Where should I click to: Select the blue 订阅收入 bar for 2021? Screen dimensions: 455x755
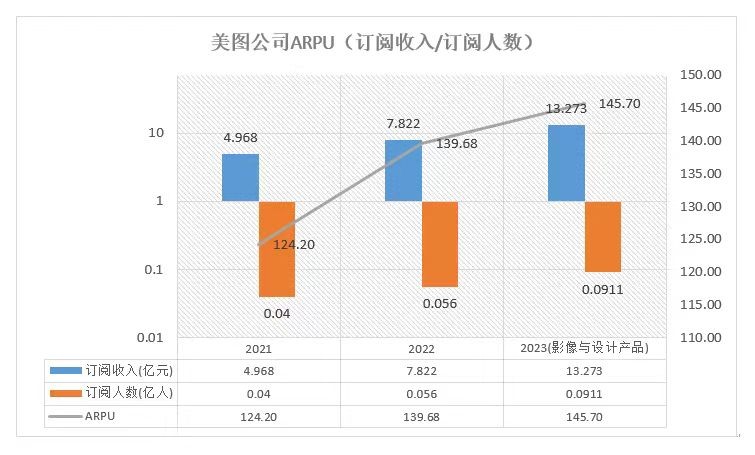pyautogui.click(x=240, y=177)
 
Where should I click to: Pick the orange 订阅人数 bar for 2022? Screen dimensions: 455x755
pyautogui.click(x=440, y=244)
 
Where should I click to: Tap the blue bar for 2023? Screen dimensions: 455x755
pyautogui.click(x=567, y=163)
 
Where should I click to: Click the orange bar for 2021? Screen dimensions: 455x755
pyautogui.click(x=277, y=249)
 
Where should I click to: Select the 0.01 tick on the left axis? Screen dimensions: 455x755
pyautogui.click(x=151, y=338)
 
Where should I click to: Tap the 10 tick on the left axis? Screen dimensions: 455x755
pyautogui.click(x=157, y=133)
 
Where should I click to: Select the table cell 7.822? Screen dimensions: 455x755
pyautogui.click(x=421, y=371)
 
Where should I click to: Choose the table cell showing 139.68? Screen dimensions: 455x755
pyautogui.click(x=421, y=415)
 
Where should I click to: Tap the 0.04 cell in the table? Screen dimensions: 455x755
pyautogui.click(x=259, y=393)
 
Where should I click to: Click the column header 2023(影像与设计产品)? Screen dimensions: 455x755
pyautogui.click(x=584, y=349)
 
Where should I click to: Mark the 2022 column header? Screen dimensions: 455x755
pyautogui.click(x=421, y=349)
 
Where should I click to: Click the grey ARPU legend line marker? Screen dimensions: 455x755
pyautogui.click(x=64, y=415)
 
